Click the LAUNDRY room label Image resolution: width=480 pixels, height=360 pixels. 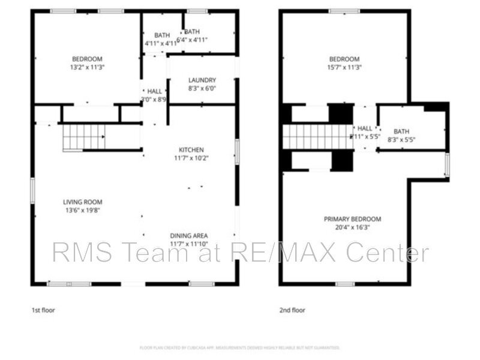[202, 80]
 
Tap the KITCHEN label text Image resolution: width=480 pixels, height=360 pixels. [191, 149]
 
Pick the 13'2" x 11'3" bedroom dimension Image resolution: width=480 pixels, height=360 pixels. [88, 67]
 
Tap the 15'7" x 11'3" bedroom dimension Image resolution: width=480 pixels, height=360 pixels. [344, 67]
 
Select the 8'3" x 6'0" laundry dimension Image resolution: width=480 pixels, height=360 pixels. [202, 89]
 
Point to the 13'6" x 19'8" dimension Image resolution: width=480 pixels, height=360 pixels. [82, 211]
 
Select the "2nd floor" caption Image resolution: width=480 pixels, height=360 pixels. [293, 310]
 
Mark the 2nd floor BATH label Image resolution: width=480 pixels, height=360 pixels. [401, 131]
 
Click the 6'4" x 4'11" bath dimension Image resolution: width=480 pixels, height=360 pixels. [195, 40]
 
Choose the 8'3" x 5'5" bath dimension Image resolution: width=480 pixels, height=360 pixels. [401, 140]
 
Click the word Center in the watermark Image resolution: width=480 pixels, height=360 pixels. [389, 253]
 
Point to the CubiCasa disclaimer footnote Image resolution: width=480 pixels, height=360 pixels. [240, 347]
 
